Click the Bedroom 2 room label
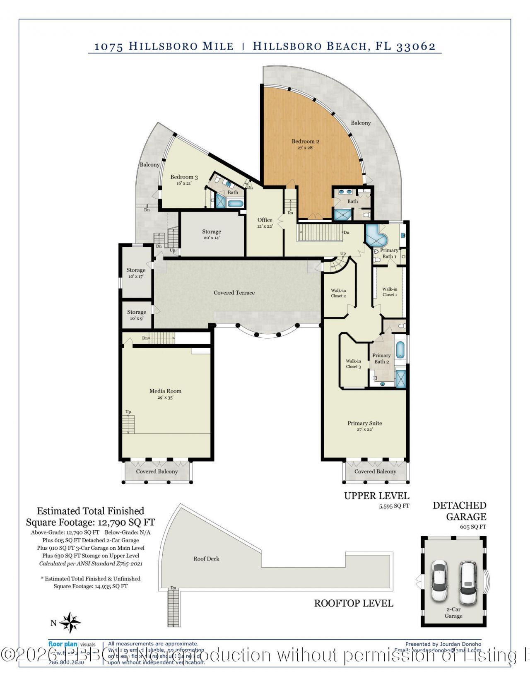(305, 142)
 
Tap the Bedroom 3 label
(184, 177)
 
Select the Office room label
(265, 220)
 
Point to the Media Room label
(165, 391)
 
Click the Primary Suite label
(364, 424)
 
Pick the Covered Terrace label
(234, 293)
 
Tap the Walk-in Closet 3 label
(353, 364)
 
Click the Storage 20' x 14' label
(211, 232)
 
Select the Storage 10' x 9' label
(137, 313)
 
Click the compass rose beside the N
(70, 623)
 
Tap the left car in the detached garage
(439, 580)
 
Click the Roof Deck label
(206, 559)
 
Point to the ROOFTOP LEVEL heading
(354, 603)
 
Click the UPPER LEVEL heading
(376, 496)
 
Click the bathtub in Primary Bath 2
(400, 350)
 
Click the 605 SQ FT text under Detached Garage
(472, 527)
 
